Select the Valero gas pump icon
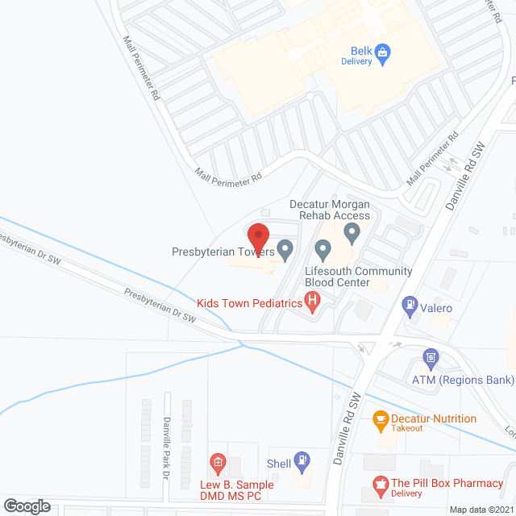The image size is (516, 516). (x=410, y=305)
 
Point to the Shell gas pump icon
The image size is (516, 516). (x=302, y=460)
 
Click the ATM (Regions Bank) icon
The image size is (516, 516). (x=431, y=356)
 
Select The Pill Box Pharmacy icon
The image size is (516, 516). (x=378, y=484)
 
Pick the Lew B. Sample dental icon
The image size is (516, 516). (x=217, y=462)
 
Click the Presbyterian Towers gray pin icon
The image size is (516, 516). (x=285, y=250)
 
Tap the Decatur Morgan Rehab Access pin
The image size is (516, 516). (x=352, y=234)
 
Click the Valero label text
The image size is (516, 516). (x=436, y=308)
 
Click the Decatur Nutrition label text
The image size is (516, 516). (x=433, y=418)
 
